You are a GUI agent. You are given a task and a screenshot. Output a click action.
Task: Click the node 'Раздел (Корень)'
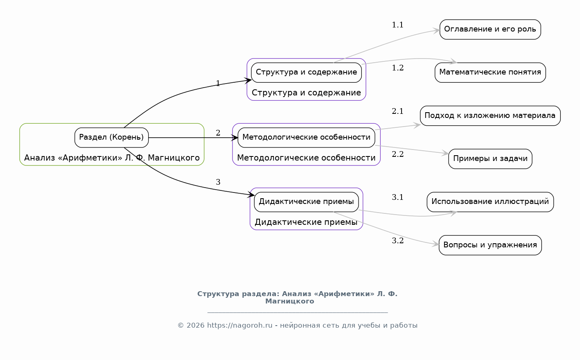coord(112,138)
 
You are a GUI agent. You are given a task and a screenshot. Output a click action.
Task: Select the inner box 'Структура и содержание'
coord(306,72)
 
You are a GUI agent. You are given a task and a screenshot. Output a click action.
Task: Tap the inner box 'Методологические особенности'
coord(306,138)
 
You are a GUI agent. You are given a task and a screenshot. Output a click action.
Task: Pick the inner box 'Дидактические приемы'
coord(306,202)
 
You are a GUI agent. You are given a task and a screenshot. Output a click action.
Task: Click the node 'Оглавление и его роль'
coord(490,29)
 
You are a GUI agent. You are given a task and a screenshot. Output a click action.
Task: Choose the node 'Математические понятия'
coord(490,72)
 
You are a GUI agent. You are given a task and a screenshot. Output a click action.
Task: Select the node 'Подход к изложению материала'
coord(490,116)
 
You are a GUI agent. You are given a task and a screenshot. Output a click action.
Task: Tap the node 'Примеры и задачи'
coord(490,159)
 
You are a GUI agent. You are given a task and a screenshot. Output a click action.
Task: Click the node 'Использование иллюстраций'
coord(490,202)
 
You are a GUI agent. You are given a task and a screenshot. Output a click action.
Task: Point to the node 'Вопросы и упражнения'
coord(490,245)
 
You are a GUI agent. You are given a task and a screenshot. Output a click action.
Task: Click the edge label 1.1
coord(397,25)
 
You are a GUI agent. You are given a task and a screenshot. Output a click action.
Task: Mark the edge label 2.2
coord(397,154)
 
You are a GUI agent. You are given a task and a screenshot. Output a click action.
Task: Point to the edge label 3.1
coord(397,197)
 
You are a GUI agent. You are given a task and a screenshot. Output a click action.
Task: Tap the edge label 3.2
coord(397,240)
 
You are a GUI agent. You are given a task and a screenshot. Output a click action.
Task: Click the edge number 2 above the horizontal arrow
coord(218,133)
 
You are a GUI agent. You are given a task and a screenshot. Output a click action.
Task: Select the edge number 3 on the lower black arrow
coord(218,182)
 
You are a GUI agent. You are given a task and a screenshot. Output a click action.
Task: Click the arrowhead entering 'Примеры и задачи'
coord(445,153)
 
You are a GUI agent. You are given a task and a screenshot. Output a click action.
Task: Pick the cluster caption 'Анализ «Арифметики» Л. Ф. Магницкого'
coord(112,158)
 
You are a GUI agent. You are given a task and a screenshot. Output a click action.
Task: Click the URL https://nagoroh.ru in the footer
coord(239,325)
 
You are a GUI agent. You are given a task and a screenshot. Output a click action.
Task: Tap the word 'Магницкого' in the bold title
coord(290,301)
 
